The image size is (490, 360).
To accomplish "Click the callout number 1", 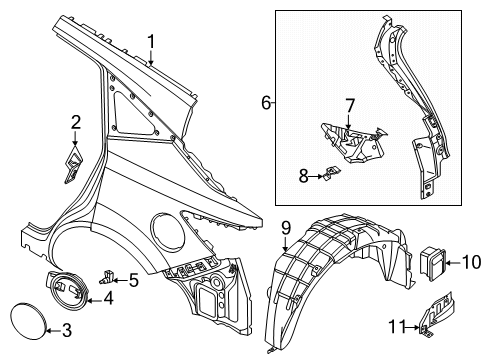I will click(151, 41).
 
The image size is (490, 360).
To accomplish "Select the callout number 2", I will click(75, 122).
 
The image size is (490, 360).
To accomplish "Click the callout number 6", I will click(266, 103).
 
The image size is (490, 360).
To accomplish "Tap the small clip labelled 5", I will click(110, 272).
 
